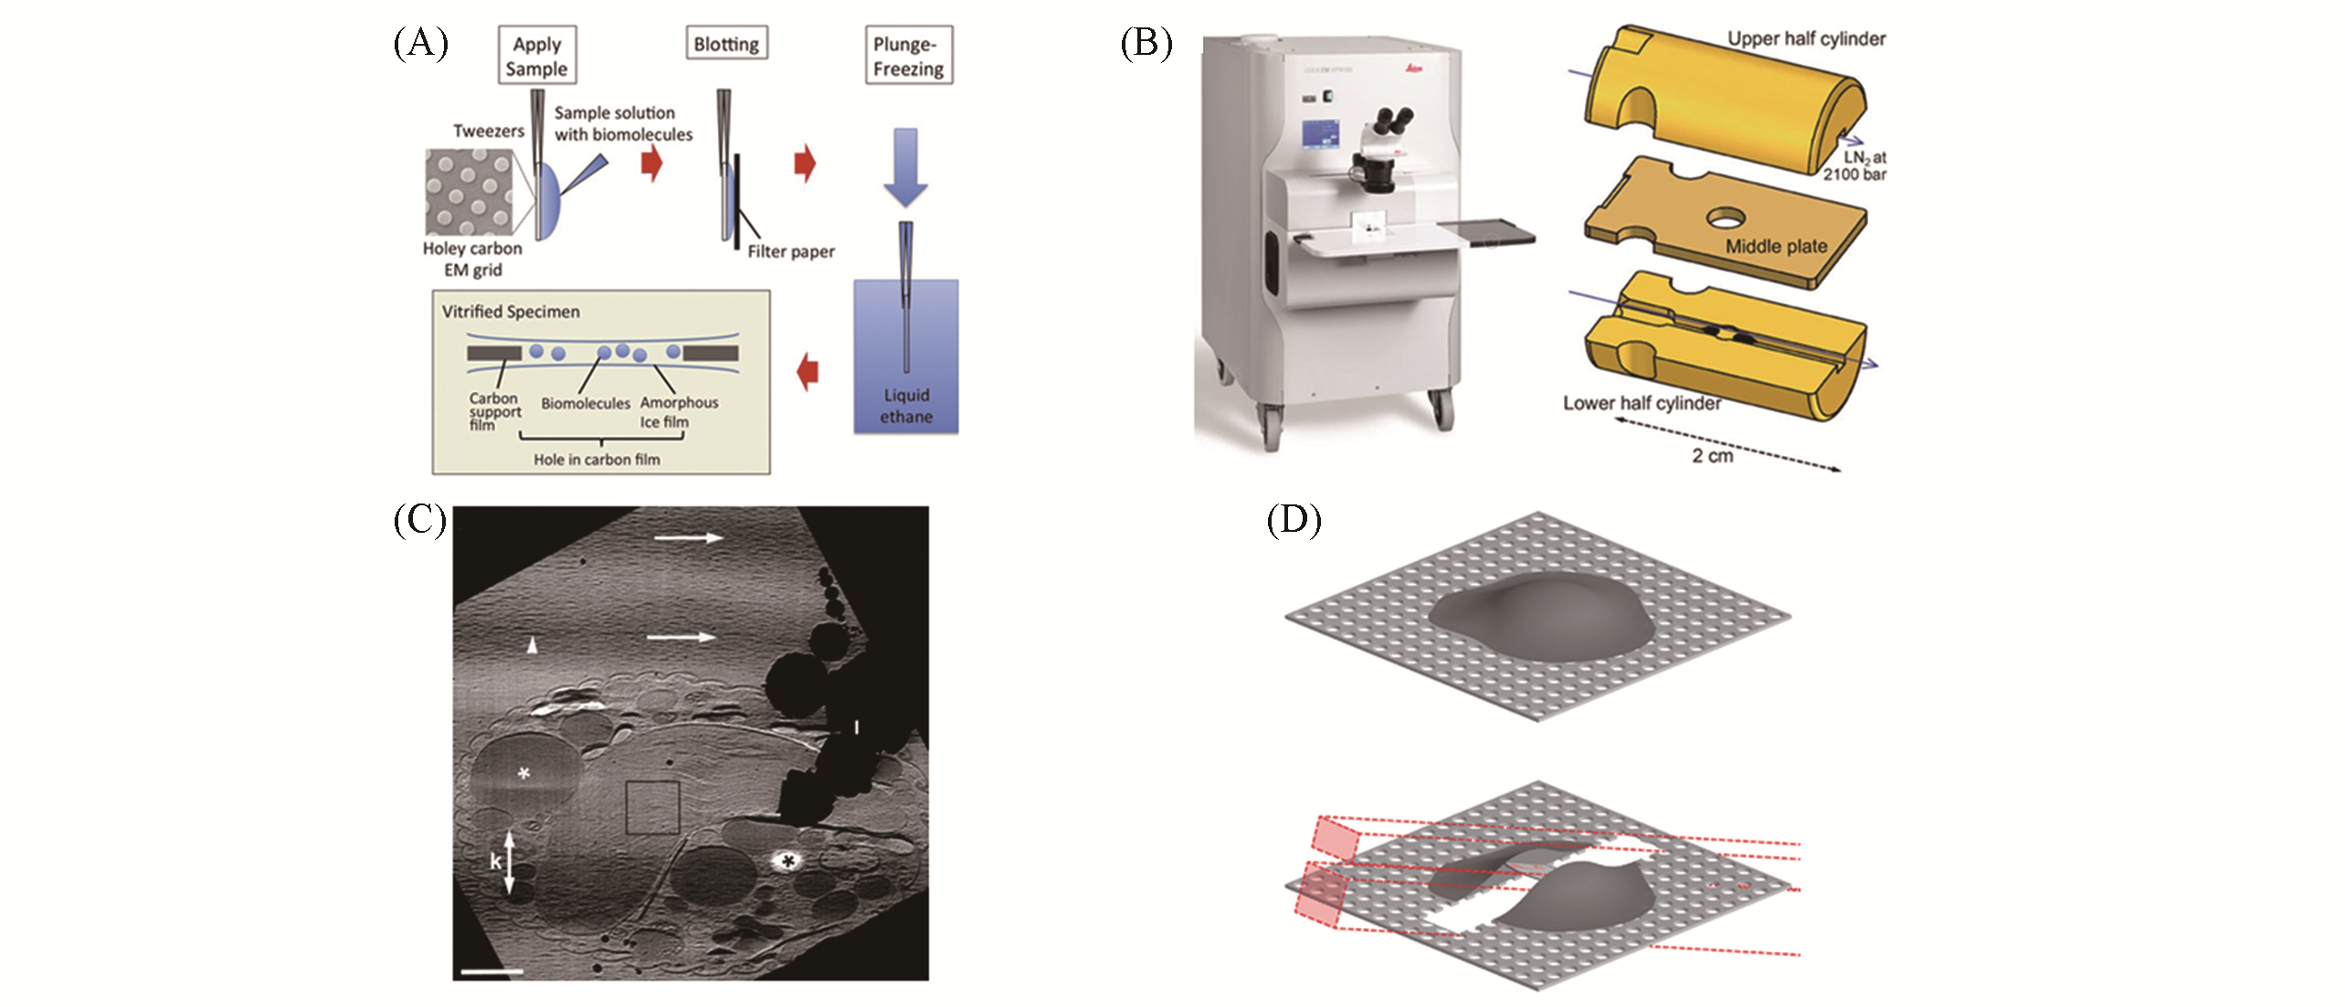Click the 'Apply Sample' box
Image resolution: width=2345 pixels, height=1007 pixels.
[537, 56]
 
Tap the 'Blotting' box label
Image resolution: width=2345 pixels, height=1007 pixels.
[726, 44]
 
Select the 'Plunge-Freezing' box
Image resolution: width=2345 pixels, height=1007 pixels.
[908, 56]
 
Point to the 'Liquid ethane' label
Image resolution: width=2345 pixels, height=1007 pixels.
[906, 406]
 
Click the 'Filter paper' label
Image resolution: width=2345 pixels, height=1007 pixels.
[791, 251]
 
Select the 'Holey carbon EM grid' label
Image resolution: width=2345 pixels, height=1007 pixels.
[472, 259]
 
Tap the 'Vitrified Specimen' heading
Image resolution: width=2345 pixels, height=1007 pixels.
[511, 312]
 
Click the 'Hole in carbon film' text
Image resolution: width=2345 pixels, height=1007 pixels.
[597, 460]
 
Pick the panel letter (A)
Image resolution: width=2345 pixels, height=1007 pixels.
[420, 43]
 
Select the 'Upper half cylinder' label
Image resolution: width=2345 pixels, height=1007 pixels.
[1806, 38]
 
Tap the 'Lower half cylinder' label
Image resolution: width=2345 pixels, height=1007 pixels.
[1642, 403]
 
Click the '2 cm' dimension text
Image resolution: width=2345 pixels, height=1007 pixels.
[1712, 456]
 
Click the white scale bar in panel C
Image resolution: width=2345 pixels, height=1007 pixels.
[492, 971]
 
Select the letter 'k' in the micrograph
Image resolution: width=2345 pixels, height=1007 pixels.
[495, 861]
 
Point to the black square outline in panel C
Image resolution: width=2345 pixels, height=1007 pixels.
[653, 807]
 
